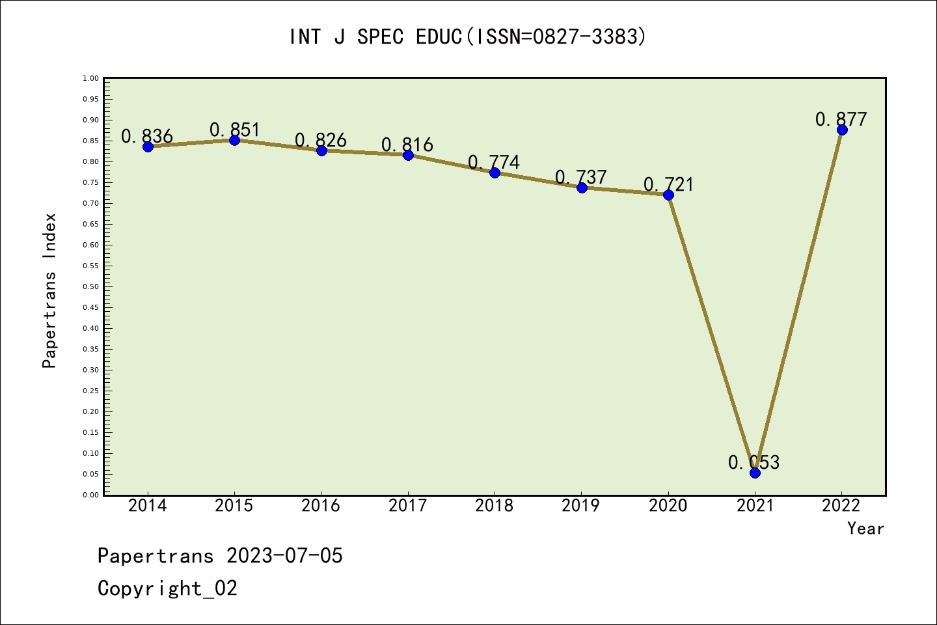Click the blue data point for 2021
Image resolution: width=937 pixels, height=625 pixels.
click(755, 473)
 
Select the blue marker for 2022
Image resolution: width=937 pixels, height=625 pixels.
click(842, 130)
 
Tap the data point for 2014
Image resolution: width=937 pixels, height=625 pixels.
click(148, 146)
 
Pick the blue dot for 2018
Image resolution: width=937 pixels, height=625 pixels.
click(495, 173)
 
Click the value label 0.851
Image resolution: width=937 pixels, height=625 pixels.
click(234, 130)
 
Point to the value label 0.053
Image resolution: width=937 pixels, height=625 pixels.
click(754, 462)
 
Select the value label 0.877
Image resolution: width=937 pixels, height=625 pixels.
click(841, 119)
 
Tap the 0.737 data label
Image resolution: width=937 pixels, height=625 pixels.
click(580, 177)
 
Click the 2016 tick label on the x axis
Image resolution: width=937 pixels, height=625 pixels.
click(321, 506)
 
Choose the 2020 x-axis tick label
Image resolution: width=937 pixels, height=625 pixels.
click(668, 506)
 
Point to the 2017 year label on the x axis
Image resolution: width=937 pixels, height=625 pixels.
click(407, 506)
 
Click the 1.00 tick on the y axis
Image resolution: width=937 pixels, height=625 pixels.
click(90, 78)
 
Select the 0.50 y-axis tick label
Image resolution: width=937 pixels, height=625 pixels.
click(90, 286)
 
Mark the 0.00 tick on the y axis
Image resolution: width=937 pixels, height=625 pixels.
click(90, 495)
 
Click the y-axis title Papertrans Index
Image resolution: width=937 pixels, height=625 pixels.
click(49, 290)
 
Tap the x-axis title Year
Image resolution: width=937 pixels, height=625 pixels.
click(865, 529)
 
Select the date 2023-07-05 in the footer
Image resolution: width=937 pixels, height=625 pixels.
click(284, 556)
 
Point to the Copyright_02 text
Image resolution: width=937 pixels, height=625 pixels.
click(167, 589)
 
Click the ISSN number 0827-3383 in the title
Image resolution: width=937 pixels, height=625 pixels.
click(585, 36)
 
